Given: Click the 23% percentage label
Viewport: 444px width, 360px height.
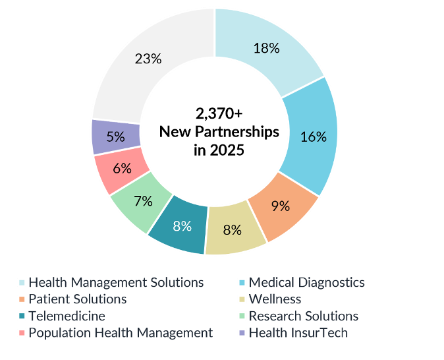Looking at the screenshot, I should (148, 59).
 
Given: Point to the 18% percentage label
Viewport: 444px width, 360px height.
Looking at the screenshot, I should (267, 48).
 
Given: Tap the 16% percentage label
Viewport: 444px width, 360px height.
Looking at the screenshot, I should (314, 136).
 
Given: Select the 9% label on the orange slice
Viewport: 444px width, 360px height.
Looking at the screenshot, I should (281, 206).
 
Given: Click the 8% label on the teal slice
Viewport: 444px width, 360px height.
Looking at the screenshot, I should (182, 226).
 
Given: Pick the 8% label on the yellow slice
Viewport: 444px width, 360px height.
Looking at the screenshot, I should (232, 230).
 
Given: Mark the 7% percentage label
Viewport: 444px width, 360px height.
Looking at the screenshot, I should (143, 200).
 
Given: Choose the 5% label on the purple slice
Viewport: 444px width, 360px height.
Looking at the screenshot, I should (116, 136).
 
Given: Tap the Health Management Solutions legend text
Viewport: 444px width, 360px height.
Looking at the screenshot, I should (116, 282).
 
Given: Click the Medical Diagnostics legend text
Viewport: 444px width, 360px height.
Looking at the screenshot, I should (306, 282).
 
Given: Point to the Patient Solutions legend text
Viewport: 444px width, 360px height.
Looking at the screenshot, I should (77, 299).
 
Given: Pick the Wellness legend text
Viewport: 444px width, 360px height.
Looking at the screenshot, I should (275, 299).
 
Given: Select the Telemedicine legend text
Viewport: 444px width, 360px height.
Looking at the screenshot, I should (67, 316).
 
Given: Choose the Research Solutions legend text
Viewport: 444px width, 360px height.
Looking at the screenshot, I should (304, 316).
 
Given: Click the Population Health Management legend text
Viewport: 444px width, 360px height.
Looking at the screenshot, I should (121, 332).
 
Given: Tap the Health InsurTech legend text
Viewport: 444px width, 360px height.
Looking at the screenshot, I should (298, 332).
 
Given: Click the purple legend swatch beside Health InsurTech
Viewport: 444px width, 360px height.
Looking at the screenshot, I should (242, 333).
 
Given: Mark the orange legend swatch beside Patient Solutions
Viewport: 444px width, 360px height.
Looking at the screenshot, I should (22, 299).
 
